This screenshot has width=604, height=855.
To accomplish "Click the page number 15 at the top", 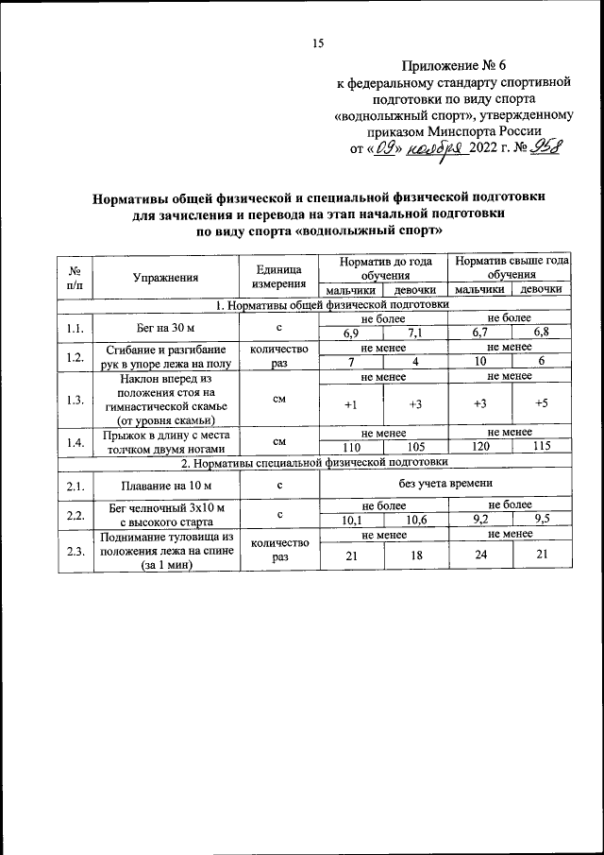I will click(x=318, y=43).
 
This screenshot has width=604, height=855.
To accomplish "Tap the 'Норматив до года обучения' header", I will click(x=382, y=268).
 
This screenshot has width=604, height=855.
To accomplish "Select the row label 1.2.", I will click(x=75, y=356).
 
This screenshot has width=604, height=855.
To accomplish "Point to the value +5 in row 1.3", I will click(x=541, y=404).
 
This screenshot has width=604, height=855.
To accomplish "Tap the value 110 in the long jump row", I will click(x=351, y=446).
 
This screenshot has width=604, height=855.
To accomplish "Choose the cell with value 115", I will click(x=541, y=446).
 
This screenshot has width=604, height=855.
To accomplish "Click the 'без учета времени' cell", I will click(x=446, y=485).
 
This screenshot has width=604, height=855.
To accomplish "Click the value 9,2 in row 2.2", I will click(x=480, y=520).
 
